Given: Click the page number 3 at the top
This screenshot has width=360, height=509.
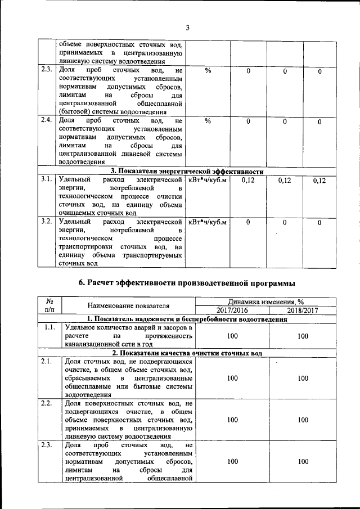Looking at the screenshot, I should coord(188,28).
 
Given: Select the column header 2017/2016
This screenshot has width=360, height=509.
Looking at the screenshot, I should coord(232,310).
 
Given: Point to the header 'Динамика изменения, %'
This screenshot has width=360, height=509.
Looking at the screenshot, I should coord(267,302).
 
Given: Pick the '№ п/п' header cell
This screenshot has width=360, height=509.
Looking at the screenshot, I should coord(49,306).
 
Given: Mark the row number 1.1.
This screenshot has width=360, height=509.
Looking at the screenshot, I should coord(49,327).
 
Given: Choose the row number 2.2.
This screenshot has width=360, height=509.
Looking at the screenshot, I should coord(49,403).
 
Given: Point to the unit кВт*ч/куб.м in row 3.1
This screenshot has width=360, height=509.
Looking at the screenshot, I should coord(208,179).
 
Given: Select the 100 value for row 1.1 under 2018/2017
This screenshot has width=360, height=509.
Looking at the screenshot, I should coord(303,336).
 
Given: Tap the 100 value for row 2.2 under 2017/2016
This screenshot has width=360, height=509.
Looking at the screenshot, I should coord(232,420).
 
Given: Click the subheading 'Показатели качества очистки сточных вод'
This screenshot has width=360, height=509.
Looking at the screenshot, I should coord(186,353).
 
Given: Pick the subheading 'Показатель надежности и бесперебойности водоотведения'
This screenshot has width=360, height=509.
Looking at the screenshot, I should coord(186,319).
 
